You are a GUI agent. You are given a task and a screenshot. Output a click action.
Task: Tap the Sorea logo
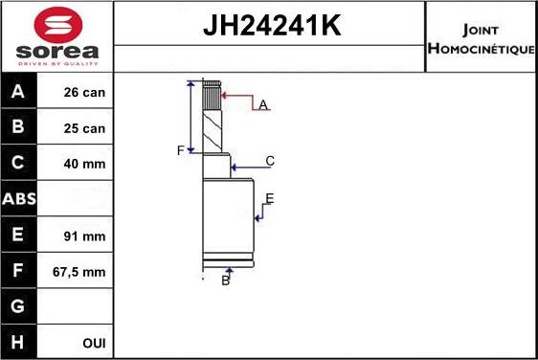coord(57,36)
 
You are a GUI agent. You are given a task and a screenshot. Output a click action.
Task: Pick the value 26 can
coord(84,93)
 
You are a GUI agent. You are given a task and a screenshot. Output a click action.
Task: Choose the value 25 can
coord(84,128)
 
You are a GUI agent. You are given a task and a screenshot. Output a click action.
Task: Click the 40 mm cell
coord(84,164)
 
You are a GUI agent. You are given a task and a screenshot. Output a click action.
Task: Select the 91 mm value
coord(84,236)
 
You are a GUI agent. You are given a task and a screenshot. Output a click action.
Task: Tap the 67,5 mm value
coord(80,272)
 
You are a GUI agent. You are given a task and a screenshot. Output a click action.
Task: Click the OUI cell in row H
coord(93,343)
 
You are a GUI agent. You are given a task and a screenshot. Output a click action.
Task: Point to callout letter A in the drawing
coord(262,104)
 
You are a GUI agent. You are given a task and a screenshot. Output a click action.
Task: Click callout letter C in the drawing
coord(270,161)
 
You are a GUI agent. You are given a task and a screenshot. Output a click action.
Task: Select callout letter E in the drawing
coord(269,198)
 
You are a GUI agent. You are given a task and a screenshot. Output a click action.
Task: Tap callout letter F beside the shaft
coord(179,151)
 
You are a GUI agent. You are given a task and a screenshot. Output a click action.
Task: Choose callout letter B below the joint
coord(226,280)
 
